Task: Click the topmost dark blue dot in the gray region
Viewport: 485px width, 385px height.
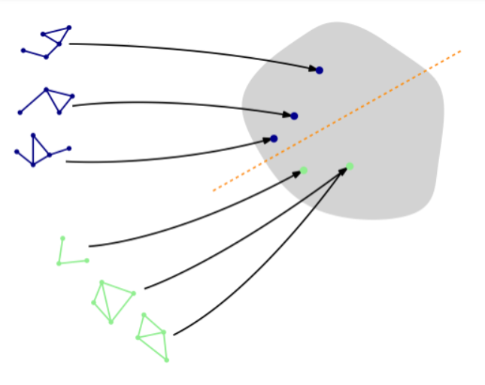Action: [x=320, y=70]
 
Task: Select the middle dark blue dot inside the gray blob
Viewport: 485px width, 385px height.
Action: [x=294, y=116]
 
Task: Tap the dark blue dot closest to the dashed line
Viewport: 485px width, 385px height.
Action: [x=274, y=138]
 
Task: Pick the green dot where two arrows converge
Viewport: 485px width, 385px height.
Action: [x=350, y=166]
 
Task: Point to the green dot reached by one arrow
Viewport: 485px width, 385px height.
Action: [x=304, y=170]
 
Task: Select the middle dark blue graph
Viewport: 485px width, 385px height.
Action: [x=47, y=102]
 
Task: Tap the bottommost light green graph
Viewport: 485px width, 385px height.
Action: [x=153, y=336]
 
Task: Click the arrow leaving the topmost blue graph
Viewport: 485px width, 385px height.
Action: [x=188, y=49]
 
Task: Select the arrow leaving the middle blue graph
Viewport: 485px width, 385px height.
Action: [x=180, y=102]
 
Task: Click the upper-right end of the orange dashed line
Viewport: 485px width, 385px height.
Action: [x=459, y=51]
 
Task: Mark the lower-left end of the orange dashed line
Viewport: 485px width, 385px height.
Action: [x=214, y=190]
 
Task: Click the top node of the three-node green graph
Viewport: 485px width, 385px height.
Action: [x=62, y=238]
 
